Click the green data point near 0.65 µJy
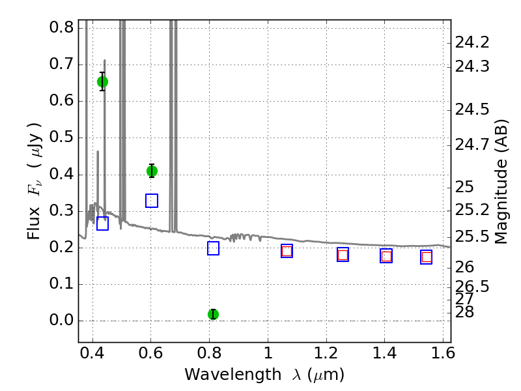(102, 82)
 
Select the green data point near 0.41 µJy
(152, 171)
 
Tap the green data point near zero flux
(214, 314)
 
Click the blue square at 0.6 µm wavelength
(152, 201)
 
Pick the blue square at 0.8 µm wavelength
(214, 248)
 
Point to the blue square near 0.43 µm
(102, 224)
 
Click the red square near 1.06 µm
(287, 251)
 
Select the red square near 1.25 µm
(343, 255)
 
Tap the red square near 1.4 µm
(386, 256)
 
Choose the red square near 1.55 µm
(427, 257)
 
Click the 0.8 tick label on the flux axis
(61, 27)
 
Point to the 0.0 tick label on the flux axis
(61, 320)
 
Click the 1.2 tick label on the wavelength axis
(326, 353)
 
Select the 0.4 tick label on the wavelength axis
(92, 353)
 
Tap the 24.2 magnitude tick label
(472, 42)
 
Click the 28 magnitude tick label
(464, 312)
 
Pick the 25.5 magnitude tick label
(472, 237)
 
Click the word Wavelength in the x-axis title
(233, 375)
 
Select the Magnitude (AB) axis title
(501, 182)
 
